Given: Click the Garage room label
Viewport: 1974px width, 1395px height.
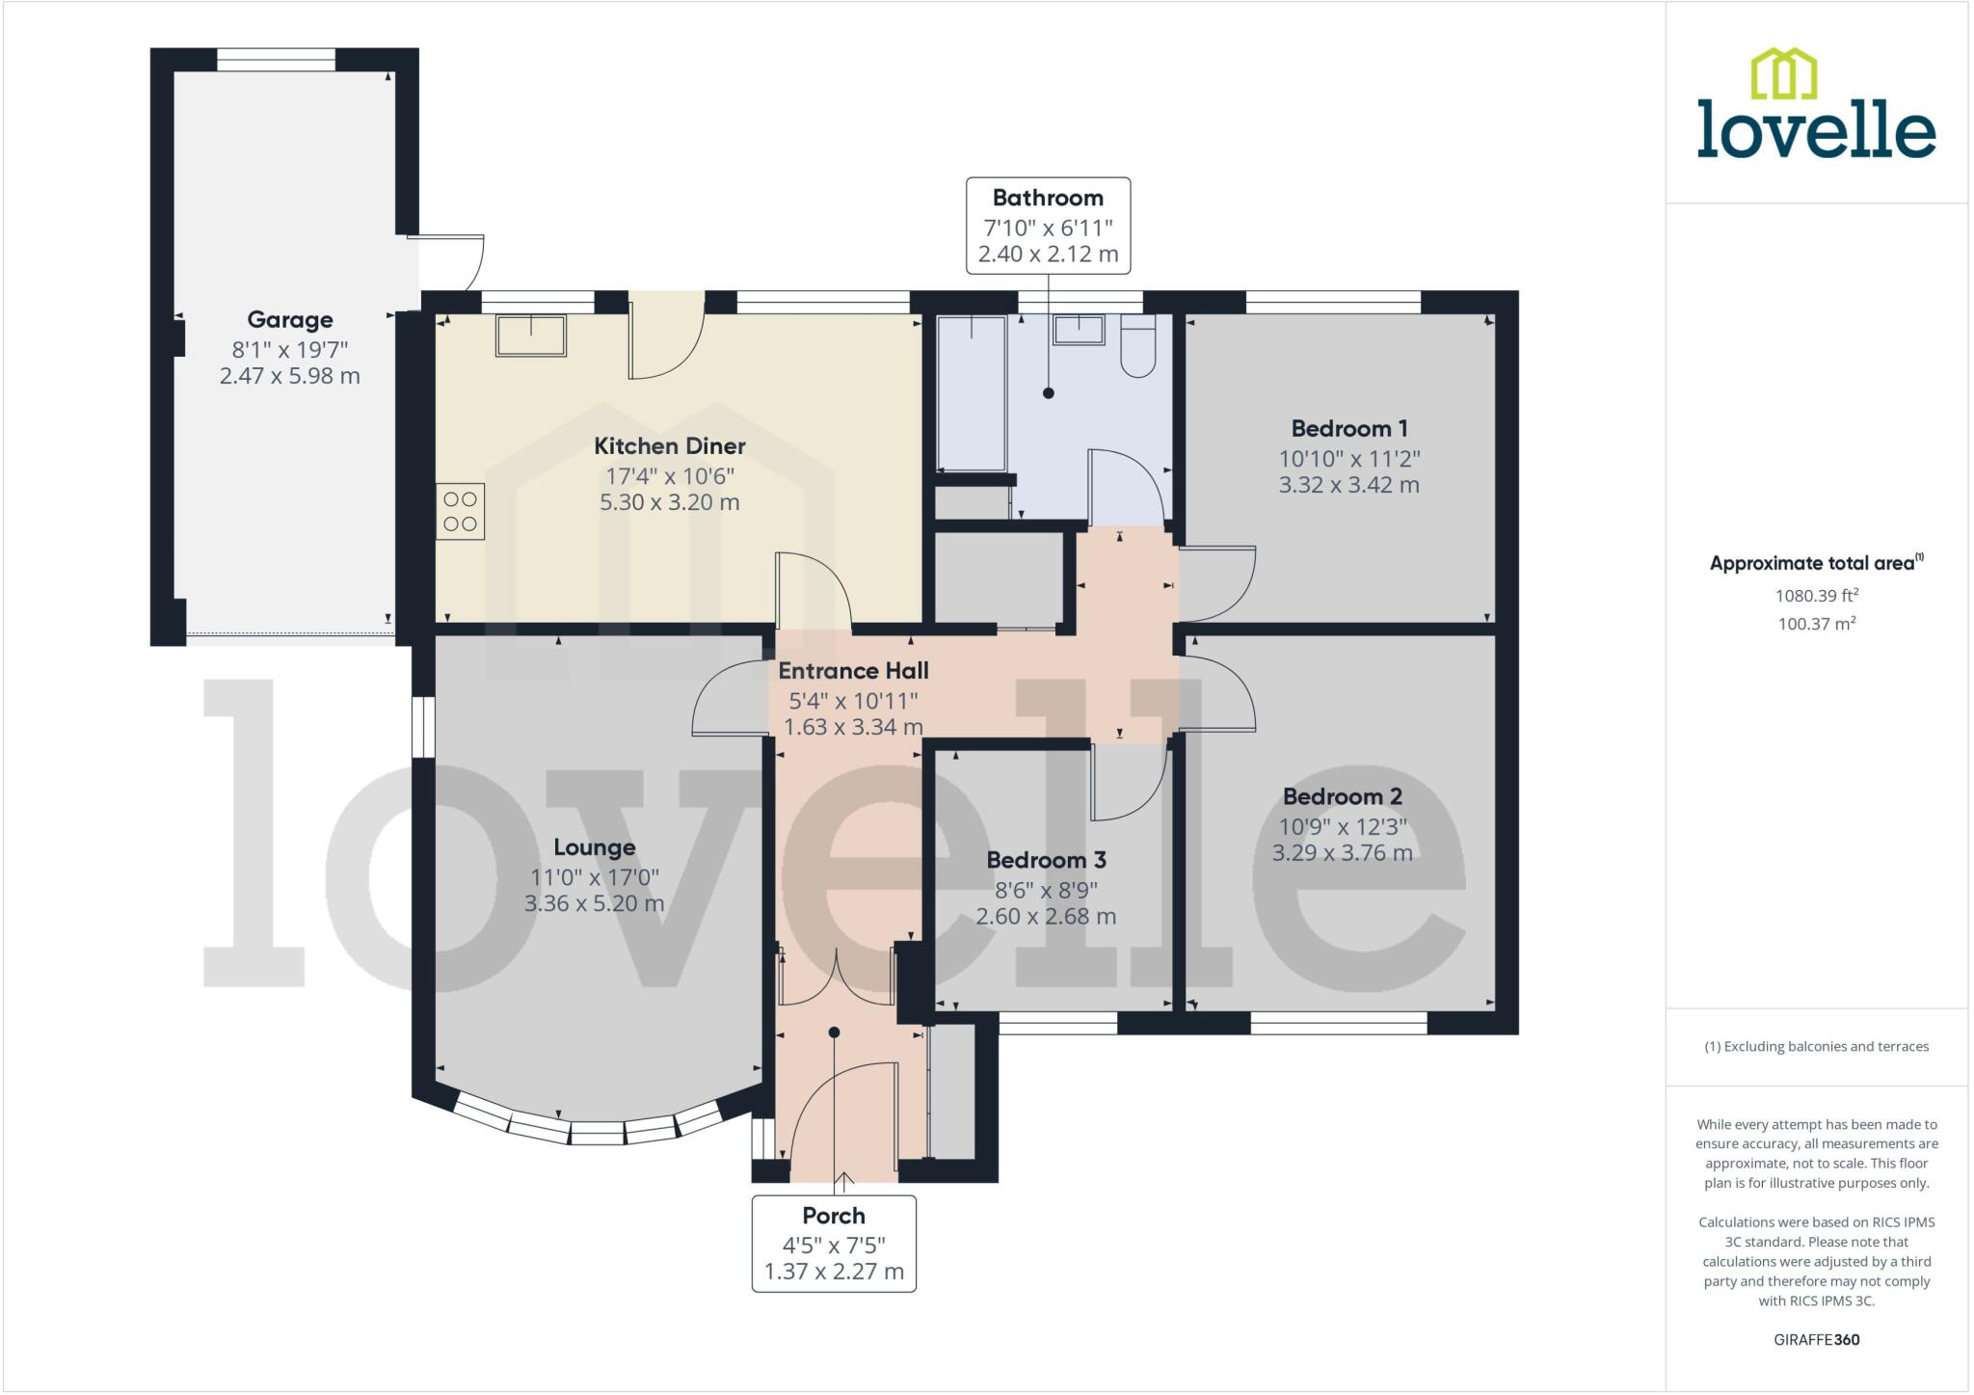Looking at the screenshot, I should (289, 320).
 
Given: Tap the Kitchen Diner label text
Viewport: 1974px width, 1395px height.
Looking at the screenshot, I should (669, 446).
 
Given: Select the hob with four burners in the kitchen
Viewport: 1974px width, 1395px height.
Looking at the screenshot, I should (460, 511).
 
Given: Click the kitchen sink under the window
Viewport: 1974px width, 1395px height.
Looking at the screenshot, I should (530, 335).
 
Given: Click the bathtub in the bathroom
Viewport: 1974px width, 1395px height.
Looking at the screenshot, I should (972, 393).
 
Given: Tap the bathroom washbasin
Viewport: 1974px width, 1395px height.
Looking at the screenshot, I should (1079, 330).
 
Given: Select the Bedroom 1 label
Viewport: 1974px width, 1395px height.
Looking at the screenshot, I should (1348, 429).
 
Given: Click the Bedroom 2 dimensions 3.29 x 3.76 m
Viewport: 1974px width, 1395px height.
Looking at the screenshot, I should (1342, 853).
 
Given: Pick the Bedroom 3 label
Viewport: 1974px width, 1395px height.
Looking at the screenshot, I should (1046, 860).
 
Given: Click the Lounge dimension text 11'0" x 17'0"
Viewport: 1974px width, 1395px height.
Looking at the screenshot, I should (594, 877).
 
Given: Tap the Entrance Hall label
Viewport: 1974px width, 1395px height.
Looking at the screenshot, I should (853, 671).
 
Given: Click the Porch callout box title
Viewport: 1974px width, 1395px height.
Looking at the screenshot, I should (834, 1216).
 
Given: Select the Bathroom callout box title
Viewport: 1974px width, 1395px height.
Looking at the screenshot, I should (1048, 199).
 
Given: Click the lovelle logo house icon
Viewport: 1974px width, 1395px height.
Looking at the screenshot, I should (1783, 74).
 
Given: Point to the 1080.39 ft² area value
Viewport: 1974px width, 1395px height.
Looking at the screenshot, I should (1816, 596).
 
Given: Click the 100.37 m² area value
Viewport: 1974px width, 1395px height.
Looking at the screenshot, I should (1816, 624).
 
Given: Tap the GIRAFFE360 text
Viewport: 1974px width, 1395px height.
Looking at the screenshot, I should (1816, 1339).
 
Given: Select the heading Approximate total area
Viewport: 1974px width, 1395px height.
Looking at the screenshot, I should (1812, 564).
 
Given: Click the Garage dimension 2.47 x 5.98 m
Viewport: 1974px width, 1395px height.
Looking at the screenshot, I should (289, 376).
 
